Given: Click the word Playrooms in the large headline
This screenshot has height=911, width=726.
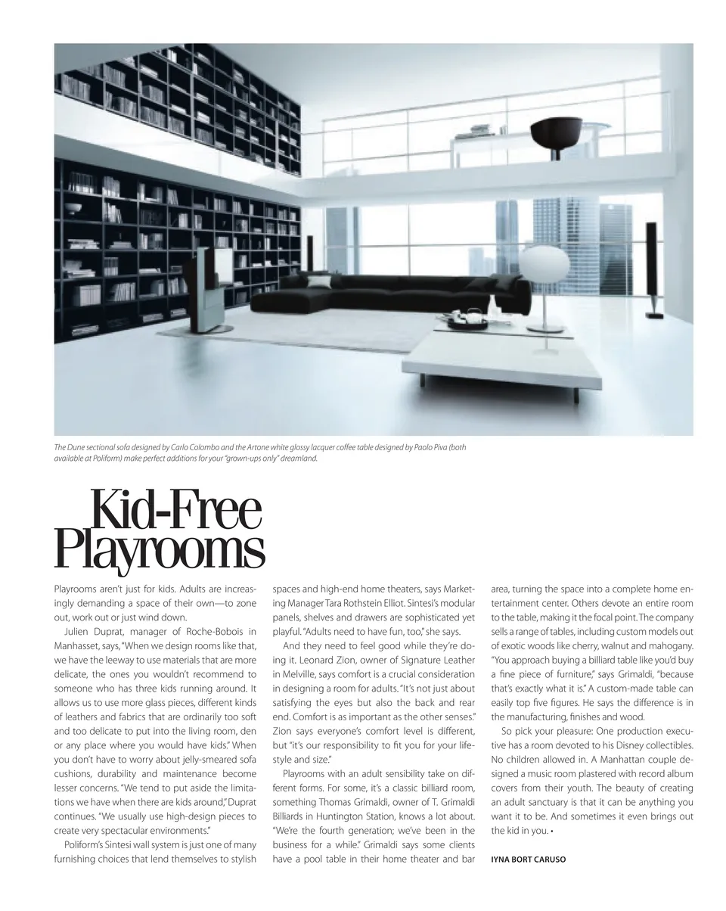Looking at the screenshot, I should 160,550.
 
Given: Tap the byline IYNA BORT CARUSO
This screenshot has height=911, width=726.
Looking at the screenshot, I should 528,860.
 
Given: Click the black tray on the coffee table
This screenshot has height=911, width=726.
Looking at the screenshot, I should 468,322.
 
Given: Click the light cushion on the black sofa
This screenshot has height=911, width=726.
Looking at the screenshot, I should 320,282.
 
